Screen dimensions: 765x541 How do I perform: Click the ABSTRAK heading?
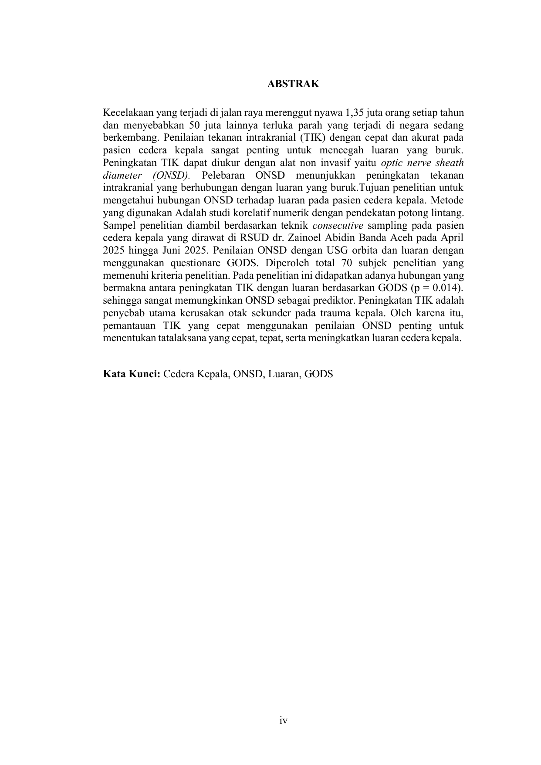[293, 84]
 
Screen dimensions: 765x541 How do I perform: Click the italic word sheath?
[450, 163]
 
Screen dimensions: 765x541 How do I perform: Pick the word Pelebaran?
[223, 176]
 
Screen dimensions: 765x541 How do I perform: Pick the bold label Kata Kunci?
[132, 374]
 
